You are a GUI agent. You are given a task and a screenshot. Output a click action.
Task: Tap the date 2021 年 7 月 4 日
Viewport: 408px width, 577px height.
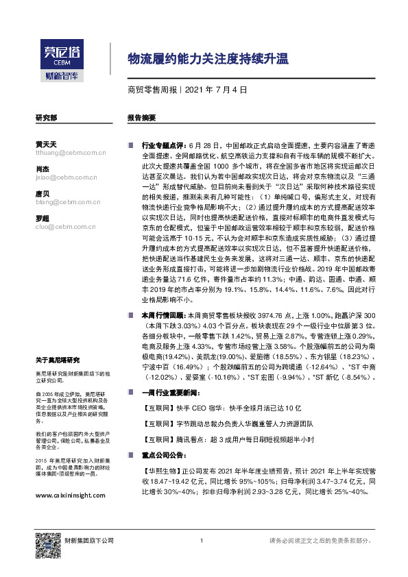pos(216,90)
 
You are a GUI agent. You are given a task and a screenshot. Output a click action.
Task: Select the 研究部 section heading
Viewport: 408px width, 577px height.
pos(46,118)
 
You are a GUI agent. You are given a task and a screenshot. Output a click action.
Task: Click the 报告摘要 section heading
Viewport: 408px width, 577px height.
pos(141,118)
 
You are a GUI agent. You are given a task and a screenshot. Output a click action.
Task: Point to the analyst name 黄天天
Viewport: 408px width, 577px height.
pos(45,144)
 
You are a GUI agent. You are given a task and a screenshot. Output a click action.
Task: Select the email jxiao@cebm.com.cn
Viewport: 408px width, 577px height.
pos(67,177)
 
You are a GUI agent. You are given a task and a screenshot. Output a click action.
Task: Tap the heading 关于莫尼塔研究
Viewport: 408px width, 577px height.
pos(58,359)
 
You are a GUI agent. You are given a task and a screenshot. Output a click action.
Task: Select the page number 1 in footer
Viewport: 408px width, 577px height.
pos(202,541)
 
